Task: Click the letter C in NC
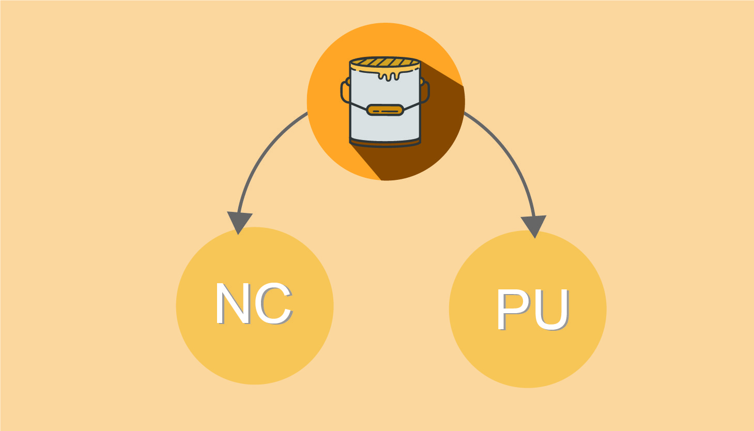[274, 303]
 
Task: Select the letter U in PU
[551, 310]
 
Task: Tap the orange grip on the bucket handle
[385, 110]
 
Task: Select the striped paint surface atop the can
[385, 63]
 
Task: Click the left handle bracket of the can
[345, 90]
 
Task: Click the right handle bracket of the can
[425, 90]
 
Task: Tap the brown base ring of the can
[385, 144]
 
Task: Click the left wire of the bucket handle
[358, 106]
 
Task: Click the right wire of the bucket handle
[412, 106]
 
